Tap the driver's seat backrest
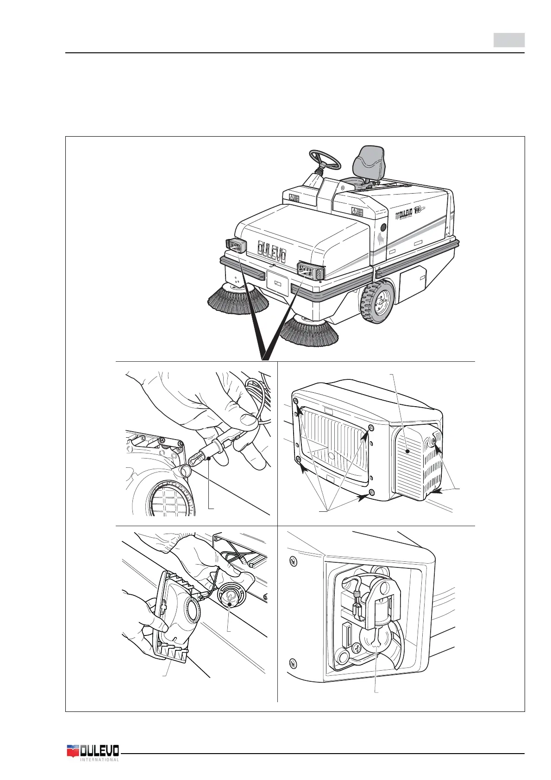coord(369,160)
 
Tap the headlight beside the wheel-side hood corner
coord(311,270)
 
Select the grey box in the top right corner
coord(508,40)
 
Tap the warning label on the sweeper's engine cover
coord(357,211)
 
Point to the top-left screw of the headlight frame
coord(296,400)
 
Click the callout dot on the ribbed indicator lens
coord(407,450)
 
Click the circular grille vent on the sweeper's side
coord(383,228)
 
